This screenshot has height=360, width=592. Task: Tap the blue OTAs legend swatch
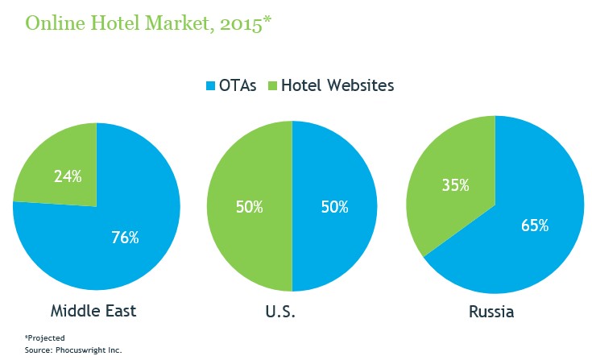(213, 85)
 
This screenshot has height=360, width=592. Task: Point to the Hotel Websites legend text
(337, 85)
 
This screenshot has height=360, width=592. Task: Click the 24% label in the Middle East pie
(67, 176)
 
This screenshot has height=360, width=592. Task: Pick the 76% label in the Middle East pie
(125, 238)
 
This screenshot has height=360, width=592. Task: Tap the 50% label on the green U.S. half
(250, 207)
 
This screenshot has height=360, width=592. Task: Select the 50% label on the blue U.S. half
(333, 207)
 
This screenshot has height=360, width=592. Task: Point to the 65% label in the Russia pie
(534, 225)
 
